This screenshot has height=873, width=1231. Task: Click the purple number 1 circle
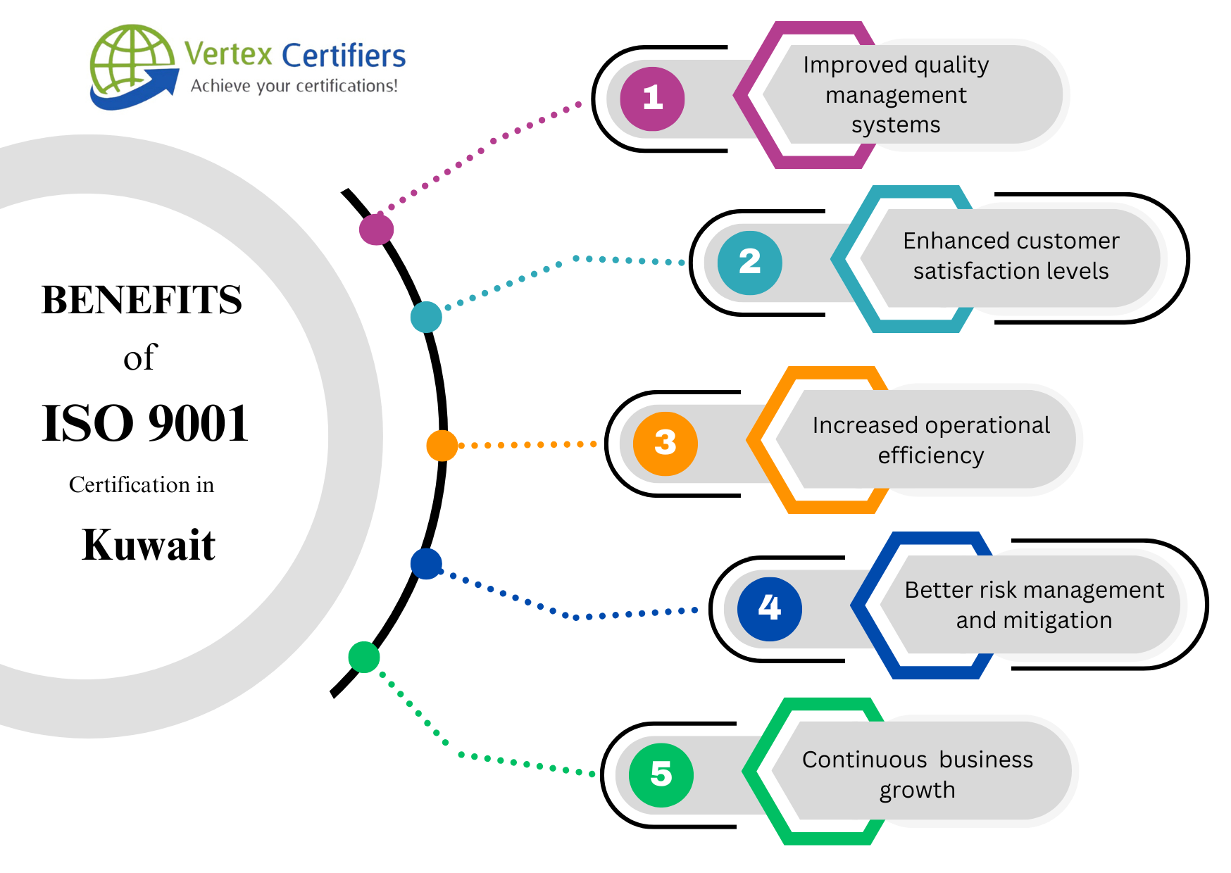click(x=652, y=99)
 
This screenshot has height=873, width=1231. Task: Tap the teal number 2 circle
click(x=749, y=263)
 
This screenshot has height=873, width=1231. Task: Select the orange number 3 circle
click(x=665, y=444)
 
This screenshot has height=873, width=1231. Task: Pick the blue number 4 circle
click(x=769, y=608)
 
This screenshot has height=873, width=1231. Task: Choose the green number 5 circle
click(x=661, y=774)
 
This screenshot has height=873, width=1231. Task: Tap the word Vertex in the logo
click(x=227, y=54)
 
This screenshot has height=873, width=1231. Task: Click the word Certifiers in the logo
click(x=344, y=56)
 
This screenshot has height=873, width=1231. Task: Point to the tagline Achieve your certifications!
click(x=294, y=86)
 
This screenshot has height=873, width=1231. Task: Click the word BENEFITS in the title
click(x=142, y=300)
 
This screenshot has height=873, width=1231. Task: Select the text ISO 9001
click(x=145, y=424)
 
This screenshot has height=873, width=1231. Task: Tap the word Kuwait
click(x=148, y=545)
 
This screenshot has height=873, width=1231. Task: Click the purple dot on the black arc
click(x=376, y=229)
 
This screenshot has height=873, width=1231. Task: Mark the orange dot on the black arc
click(x=442, y=446)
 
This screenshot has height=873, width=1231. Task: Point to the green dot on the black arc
click(x=364, y=657)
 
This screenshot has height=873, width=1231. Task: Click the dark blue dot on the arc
click(x=426, y=564)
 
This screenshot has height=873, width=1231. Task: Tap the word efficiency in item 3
click(x=930, y=456)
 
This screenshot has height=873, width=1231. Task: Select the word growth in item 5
click(x=917, y=790)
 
